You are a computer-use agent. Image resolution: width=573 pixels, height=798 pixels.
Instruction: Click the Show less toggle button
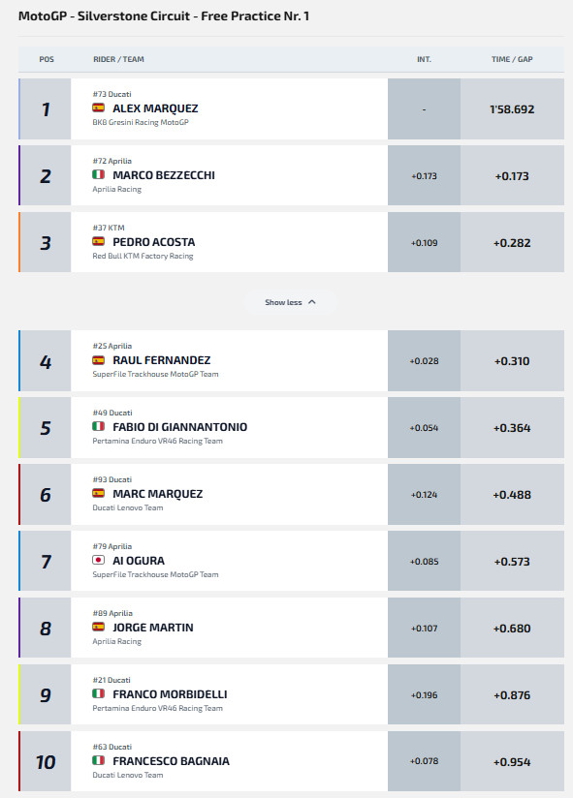290,302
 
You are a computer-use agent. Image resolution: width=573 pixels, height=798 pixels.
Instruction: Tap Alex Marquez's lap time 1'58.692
512,109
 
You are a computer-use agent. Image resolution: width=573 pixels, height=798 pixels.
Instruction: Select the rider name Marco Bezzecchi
164,175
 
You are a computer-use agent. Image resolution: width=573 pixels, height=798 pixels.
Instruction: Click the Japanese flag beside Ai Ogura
98,561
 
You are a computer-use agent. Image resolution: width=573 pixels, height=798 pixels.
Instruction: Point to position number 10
46,762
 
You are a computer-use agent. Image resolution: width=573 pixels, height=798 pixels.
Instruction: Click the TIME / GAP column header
512,59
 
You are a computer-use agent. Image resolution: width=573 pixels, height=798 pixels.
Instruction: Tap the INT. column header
424,59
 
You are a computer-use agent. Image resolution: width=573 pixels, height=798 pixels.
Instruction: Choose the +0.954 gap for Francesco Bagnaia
512,762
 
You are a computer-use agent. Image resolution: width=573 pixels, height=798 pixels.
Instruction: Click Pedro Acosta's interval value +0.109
424,243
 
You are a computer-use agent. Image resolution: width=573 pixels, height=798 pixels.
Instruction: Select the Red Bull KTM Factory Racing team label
143,256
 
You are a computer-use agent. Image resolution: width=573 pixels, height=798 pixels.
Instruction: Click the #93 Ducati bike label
112,479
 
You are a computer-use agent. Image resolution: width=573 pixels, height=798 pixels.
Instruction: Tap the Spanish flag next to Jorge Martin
98,627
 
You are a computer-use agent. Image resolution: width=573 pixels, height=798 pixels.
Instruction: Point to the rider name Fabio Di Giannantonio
179,427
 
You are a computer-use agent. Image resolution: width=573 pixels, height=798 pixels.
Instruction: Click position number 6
46,495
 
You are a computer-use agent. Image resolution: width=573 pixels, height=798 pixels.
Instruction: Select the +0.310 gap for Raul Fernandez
512,361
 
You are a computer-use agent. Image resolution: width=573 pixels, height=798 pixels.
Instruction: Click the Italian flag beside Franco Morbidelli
98,693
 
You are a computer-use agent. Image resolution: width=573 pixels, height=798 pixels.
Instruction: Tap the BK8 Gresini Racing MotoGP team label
141,122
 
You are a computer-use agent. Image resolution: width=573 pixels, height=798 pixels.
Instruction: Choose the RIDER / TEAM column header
118,59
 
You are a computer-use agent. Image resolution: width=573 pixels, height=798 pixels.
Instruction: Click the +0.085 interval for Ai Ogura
424,562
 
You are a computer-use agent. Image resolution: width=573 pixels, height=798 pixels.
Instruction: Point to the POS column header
47,59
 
